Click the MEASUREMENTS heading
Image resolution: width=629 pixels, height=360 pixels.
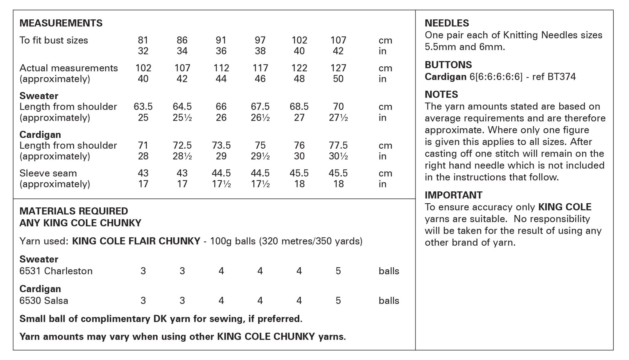[x=61, y=23]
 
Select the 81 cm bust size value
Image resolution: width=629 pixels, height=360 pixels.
[x=143, y=40]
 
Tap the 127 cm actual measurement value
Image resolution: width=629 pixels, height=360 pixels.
[x=338, y=68]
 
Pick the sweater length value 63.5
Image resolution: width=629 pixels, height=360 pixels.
[x=143, y=107]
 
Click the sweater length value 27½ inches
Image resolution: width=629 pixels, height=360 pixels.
[x=338, y=118]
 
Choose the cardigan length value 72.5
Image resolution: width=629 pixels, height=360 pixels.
[x=182, y=145]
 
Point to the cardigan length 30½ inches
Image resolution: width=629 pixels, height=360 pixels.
[x=338, y=156]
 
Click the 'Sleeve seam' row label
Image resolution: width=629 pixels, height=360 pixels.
[x=48, y=173]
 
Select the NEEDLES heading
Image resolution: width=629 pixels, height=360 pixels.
[x=447, y=23]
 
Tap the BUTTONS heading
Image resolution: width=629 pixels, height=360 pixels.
[x=448, y=65]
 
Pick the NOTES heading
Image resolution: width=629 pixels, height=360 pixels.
[x=441, y=94]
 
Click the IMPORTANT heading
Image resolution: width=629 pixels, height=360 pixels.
[x=453, y=195]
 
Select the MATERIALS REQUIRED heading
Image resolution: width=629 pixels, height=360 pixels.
[x=73, y=211]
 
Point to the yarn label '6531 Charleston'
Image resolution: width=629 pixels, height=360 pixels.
[x=56, y=271]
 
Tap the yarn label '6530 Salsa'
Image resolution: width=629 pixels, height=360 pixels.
[x=44, y=300]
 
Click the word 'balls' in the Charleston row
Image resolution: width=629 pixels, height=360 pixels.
[x=389, y=271]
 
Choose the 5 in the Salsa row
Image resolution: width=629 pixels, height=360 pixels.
[x=338, y=300]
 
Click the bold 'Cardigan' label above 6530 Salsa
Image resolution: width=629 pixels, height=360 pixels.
[x=40, y=289]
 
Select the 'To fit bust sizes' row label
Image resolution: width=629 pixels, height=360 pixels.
[x=53, y=40]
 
